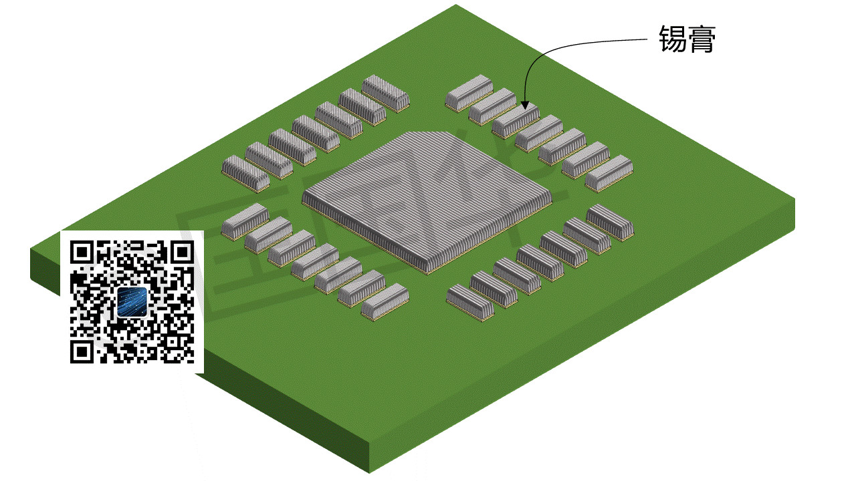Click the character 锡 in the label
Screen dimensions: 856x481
pyautogui.click(x=673, y=39)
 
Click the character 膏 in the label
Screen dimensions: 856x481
pyautogui.click(x=702, y=39)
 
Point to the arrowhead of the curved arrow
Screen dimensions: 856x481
pyautogui.click(x=525, y=105)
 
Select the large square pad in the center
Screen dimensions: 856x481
pyautogui.click(x=427, y=202)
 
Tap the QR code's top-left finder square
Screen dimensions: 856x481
pyautogui.click(x=82, y=252)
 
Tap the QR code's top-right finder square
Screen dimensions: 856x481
pyautogui.click(x=183, y=252)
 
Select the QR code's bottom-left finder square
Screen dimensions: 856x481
pyautogui.click(x=82, y=352)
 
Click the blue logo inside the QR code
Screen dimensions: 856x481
pyautogui.click(x=132, y=302)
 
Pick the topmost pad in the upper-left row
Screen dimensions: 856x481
pyautogui.click(x=386, y=94)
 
